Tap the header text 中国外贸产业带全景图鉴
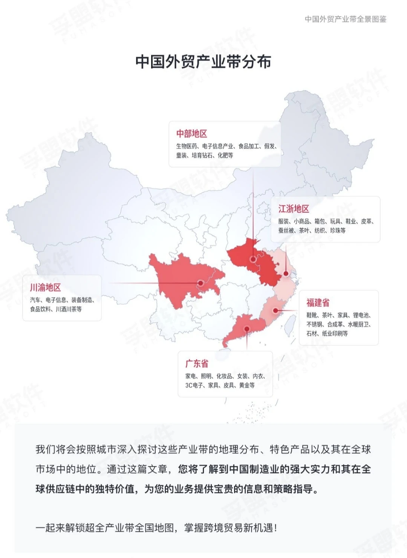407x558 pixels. coord(345,19)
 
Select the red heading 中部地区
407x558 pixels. coord(191,134)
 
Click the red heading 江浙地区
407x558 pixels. coord(294,209)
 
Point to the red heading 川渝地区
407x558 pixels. coord(45,288)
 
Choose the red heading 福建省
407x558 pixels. coord(318,303)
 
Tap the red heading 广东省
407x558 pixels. coord(196,364)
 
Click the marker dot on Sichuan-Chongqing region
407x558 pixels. coord(201,283)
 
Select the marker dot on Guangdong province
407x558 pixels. coord(247,329)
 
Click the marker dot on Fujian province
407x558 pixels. coord(275,310)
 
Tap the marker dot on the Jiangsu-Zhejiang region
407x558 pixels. coord(286,274)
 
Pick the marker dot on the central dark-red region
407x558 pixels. coord(253,259)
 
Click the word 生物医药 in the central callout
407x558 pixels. coord(187,146)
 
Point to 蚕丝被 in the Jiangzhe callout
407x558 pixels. coord(286,231)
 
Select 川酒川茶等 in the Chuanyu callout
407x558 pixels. coord(69,309)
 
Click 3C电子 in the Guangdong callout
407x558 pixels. coord(194,385)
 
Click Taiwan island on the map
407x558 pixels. coord(289,324)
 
